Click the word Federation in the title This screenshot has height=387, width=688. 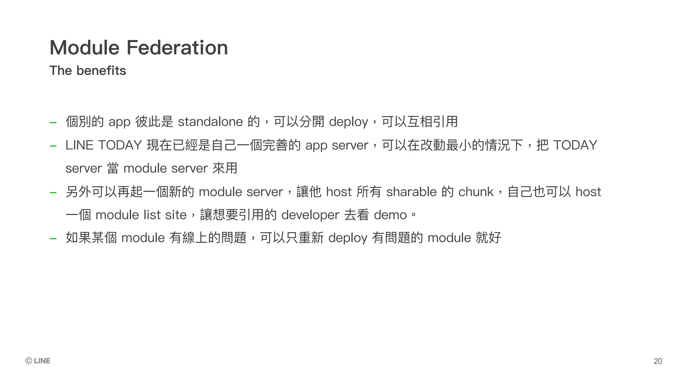[177, 47]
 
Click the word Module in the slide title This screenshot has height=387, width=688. [85, 47]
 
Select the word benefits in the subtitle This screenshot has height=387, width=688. [101, 71]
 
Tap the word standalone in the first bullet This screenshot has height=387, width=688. [210, 122]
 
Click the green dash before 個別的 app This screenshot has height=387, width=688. [53, 123]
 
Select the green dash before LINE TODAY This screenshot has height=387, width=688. [53, 146]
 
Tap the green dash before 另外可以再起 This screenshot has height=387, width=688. [53, 193]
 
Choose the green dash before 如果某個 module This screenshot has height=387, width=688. [53, 239]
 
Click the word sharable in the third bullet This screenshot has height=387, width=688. [411, 192]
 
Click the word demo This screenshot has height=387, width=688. [390, 215]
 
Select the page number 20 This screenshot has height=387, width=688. [658, 361]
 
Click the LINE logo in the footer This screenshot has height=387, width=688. [42, 361]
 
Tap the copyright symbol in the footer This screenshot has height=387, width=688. [29, 361]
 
